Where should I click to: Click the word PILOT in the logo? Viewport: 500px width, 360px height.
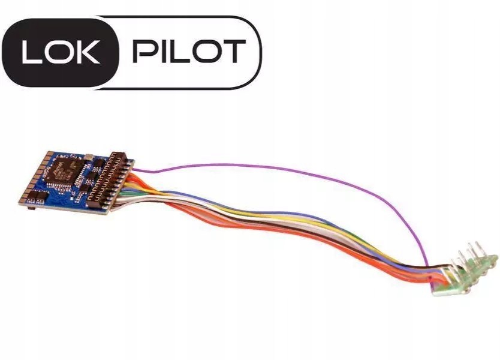tap(188, 52)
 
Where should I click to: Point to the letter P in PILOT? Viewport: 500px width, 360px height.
tap(143, 52)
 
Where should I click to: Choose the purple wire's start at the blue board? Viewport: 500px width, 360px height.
tap(137, 170)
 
